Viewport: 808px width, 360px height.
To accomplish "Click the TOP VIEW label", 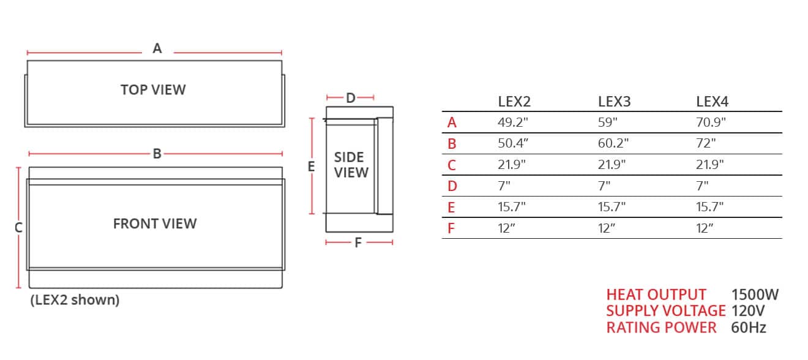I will point(153,89).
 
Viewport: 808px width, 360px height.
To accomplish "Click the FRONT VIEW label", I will point(155,223).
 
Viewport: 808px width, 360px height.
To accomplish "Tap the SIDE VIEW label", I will point(351,165).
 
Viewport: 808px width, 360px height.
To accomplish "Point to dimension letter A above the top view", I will point(157,48).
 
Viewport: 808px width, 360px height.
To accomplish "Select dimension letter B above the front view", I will point(157,154).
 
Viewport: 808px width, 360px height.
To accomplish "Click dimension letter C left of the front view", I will point(18,227).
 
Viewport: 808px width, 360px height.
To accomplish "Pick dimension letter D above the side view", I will point(350,98).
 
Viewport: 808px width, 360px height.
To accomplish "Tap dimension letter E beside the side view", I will point(311,166).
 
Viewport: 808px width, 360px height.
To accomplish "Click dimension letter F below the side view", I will point(358,243).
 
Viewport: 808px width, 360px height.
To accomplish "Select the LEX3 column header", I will point(614,102).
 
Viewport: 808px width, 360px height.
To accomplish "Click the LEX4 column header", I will point(712,102).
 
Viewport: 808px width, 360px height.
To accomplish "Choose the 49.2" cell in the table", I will point(512,122).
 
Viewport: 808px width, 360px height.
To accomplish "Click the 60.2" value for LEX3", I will point(613,144).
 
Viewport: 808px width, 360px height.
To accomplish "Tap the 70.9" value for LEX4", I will point(711,122).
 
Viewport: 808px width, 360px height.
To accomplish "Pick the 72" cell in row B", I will point(706,144).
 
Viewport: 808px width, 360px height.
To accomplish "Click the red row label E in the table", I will point(452,208).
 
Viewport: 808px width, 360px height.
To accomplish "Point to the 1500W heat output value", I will point(755,295).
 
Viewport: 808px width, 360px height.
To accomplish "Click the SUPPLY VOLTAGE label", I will point(665,311).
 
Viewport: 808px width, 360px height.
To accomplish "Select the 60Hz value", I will point(749,328).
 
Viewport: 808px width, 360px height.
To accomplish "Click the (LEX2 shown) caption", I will point(75,300).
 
